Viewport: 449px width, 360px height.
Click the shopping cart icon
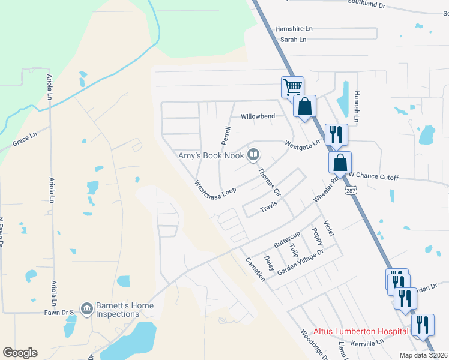pyautogui.click(x=293, y=86)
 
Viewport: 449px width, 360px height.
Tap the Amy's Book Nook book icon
pyautogui.click(x=254, y=156)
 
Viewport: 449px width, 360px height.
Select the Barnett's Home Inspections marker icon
pyautogui.click(x=86, y=308)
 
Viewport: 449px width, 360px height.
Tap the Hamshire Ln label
pyautogui.click(x=294, y=29)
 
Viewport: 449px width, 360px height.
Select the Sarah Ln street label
pyautogui.click(x=293, y=40)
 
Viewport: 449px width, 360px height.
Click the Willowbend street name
pyautogui.click(x=258, y=116)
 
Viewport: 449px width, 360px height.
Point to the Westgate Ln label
pyautogui.click(x=303, y=145)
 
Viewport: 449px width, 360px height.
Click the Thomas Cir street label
pyautogui.click(x=269, y=182)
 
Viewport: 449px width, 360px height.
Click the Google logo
pyautogui.click(x=20, y=353)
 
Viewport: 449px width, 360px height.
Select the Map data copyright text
pyautogui.click(x=423, y=355)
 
